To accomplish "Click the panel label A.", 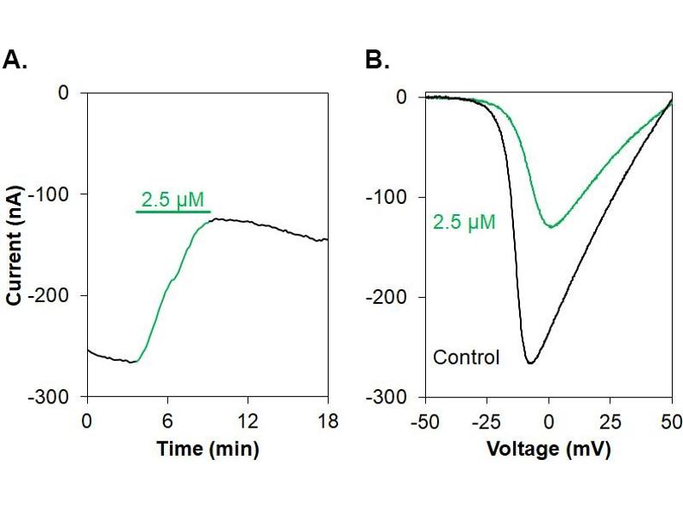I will [x=16, y=60].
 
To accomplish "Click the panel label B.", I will [x=377, y=60].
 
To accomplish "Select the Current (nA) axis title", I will [x=15, y=243].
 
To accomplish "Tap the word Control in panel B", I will [x=466, y=357].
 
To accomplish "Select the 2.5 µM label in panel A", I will [x=174, y=201].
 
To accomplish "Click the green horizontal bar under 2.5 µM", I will [x=173, y=212].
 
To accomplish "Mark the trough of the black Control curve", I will [x=530, y=364].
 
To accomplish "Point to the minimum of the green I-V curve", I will [x=552, y=226].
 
